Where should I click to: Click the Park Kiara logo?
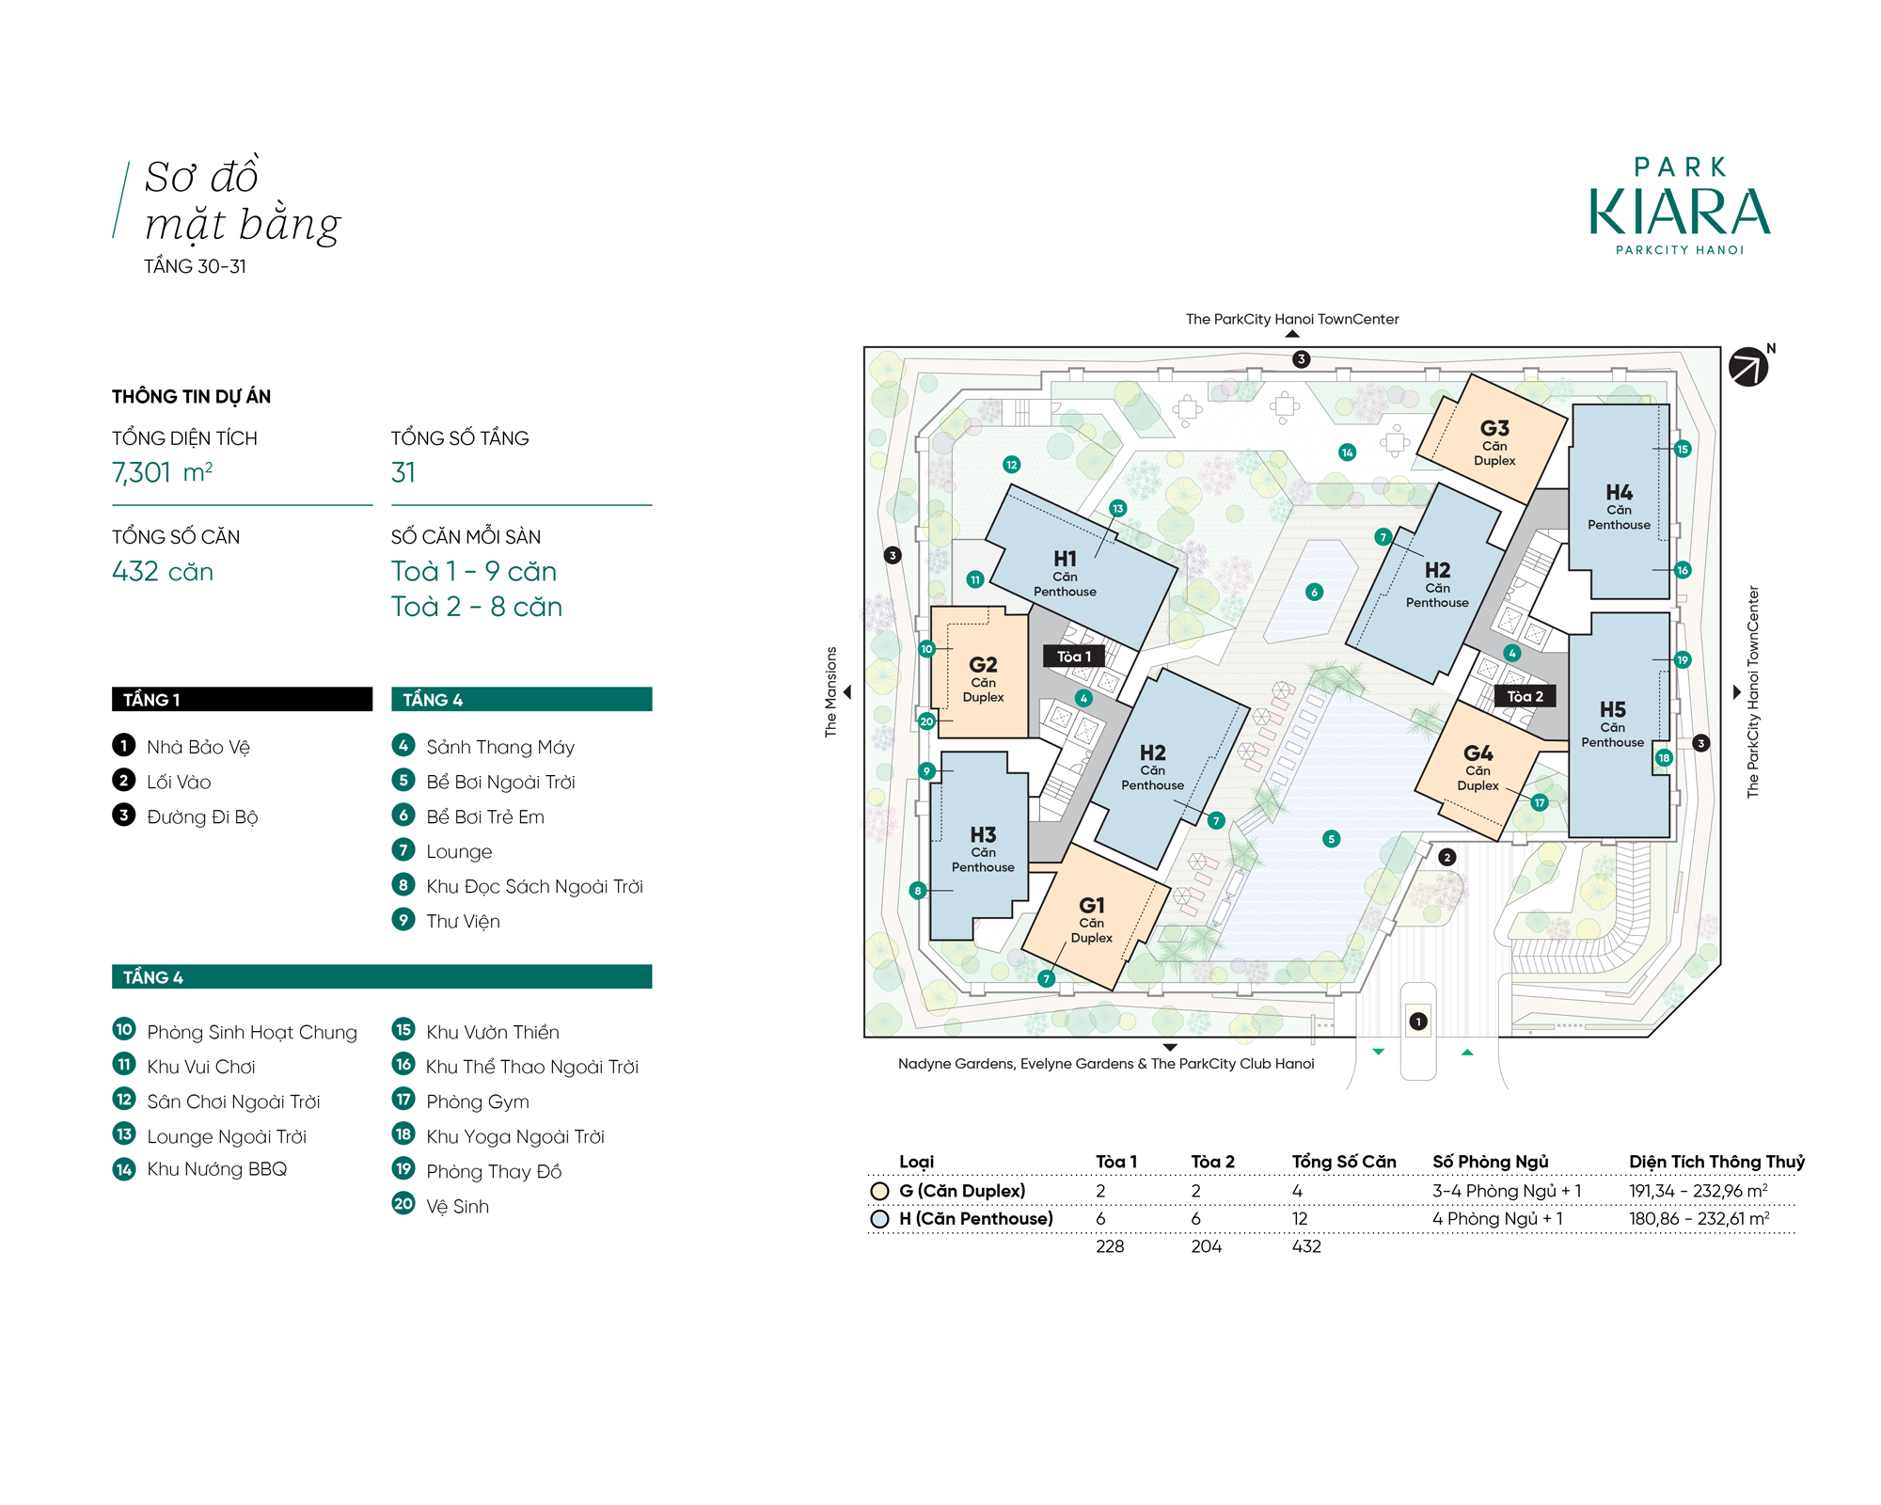tap(1680, 205)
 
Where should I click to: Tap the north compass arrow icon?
tap(1748, 367)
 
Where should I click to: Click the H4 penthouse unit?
tap(1620, 501)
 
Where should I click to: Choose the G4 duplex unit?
tap(1480, 767)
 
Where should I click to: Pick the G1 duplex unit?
tap(1094, 917)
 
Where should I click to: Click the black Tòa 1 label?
tap(1074, 657)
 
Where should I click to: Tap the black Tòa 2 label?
tap(1525, 696)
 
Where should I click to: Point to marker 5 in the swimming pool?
tap(1331, 839)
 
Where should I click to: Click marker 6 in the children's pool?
tap(1314, 592)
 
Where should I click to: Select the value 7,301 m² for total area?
tap(163, 472)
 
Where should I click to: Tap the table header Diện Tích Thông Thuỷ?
tap(1716, 1162)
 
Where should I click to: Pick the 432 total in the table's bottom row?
tap(1306, 1246)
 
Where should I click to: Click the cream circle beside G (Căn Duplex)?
tap(879, 1191)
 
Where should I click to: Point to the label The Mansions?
tap(830, 691)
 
